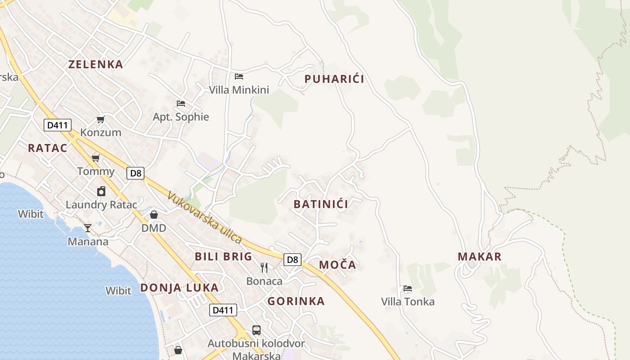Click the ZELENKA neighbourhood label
coord(95,64)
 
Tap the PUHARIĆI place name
coord(334,79)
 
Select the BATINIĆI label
coord(320,204)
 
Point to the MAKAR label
coord(479,256)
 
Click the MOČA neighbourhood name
coord(337,265)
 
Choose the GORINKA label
coord(296,301)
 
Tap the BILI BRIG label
coord(223,256)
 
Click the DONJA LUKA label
coord(179,288)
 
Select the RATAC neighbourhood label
coord(47,148)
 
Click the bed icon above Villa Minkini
coord(239,76)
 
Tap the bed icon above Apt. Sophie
coord(181,103)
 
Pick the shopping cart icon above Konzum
coord(101,119)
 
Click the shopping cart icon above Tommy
coord(95,158)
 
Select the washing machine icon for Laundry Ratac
coord(101,191)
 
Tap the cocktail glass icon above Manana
coord(88,228)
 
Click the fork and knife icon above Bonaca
coord(264,268)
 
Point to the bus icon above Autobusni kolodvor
coord(256,330)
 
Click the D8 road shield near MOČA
coord(292,259)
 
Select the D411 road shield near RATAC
coord(58,125)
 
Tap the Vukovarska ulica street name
coord(204,218)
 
